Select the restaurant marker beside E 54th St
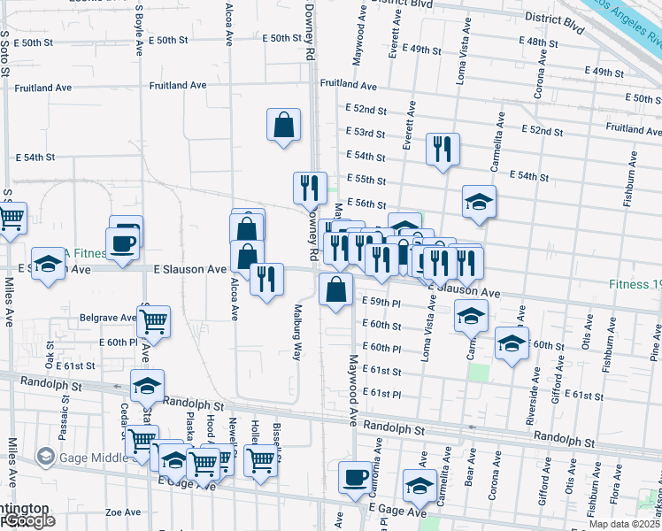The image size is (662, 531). [x=442, y=149]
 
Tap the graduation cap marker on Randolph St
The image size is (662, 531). [x=148, y=385]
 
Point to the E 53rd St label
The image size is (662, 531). [x=366, y=134]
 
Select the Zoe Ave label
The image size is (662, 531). [x=124, y=512]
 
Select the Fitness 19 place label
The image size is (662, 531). [x=634, y=285]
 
